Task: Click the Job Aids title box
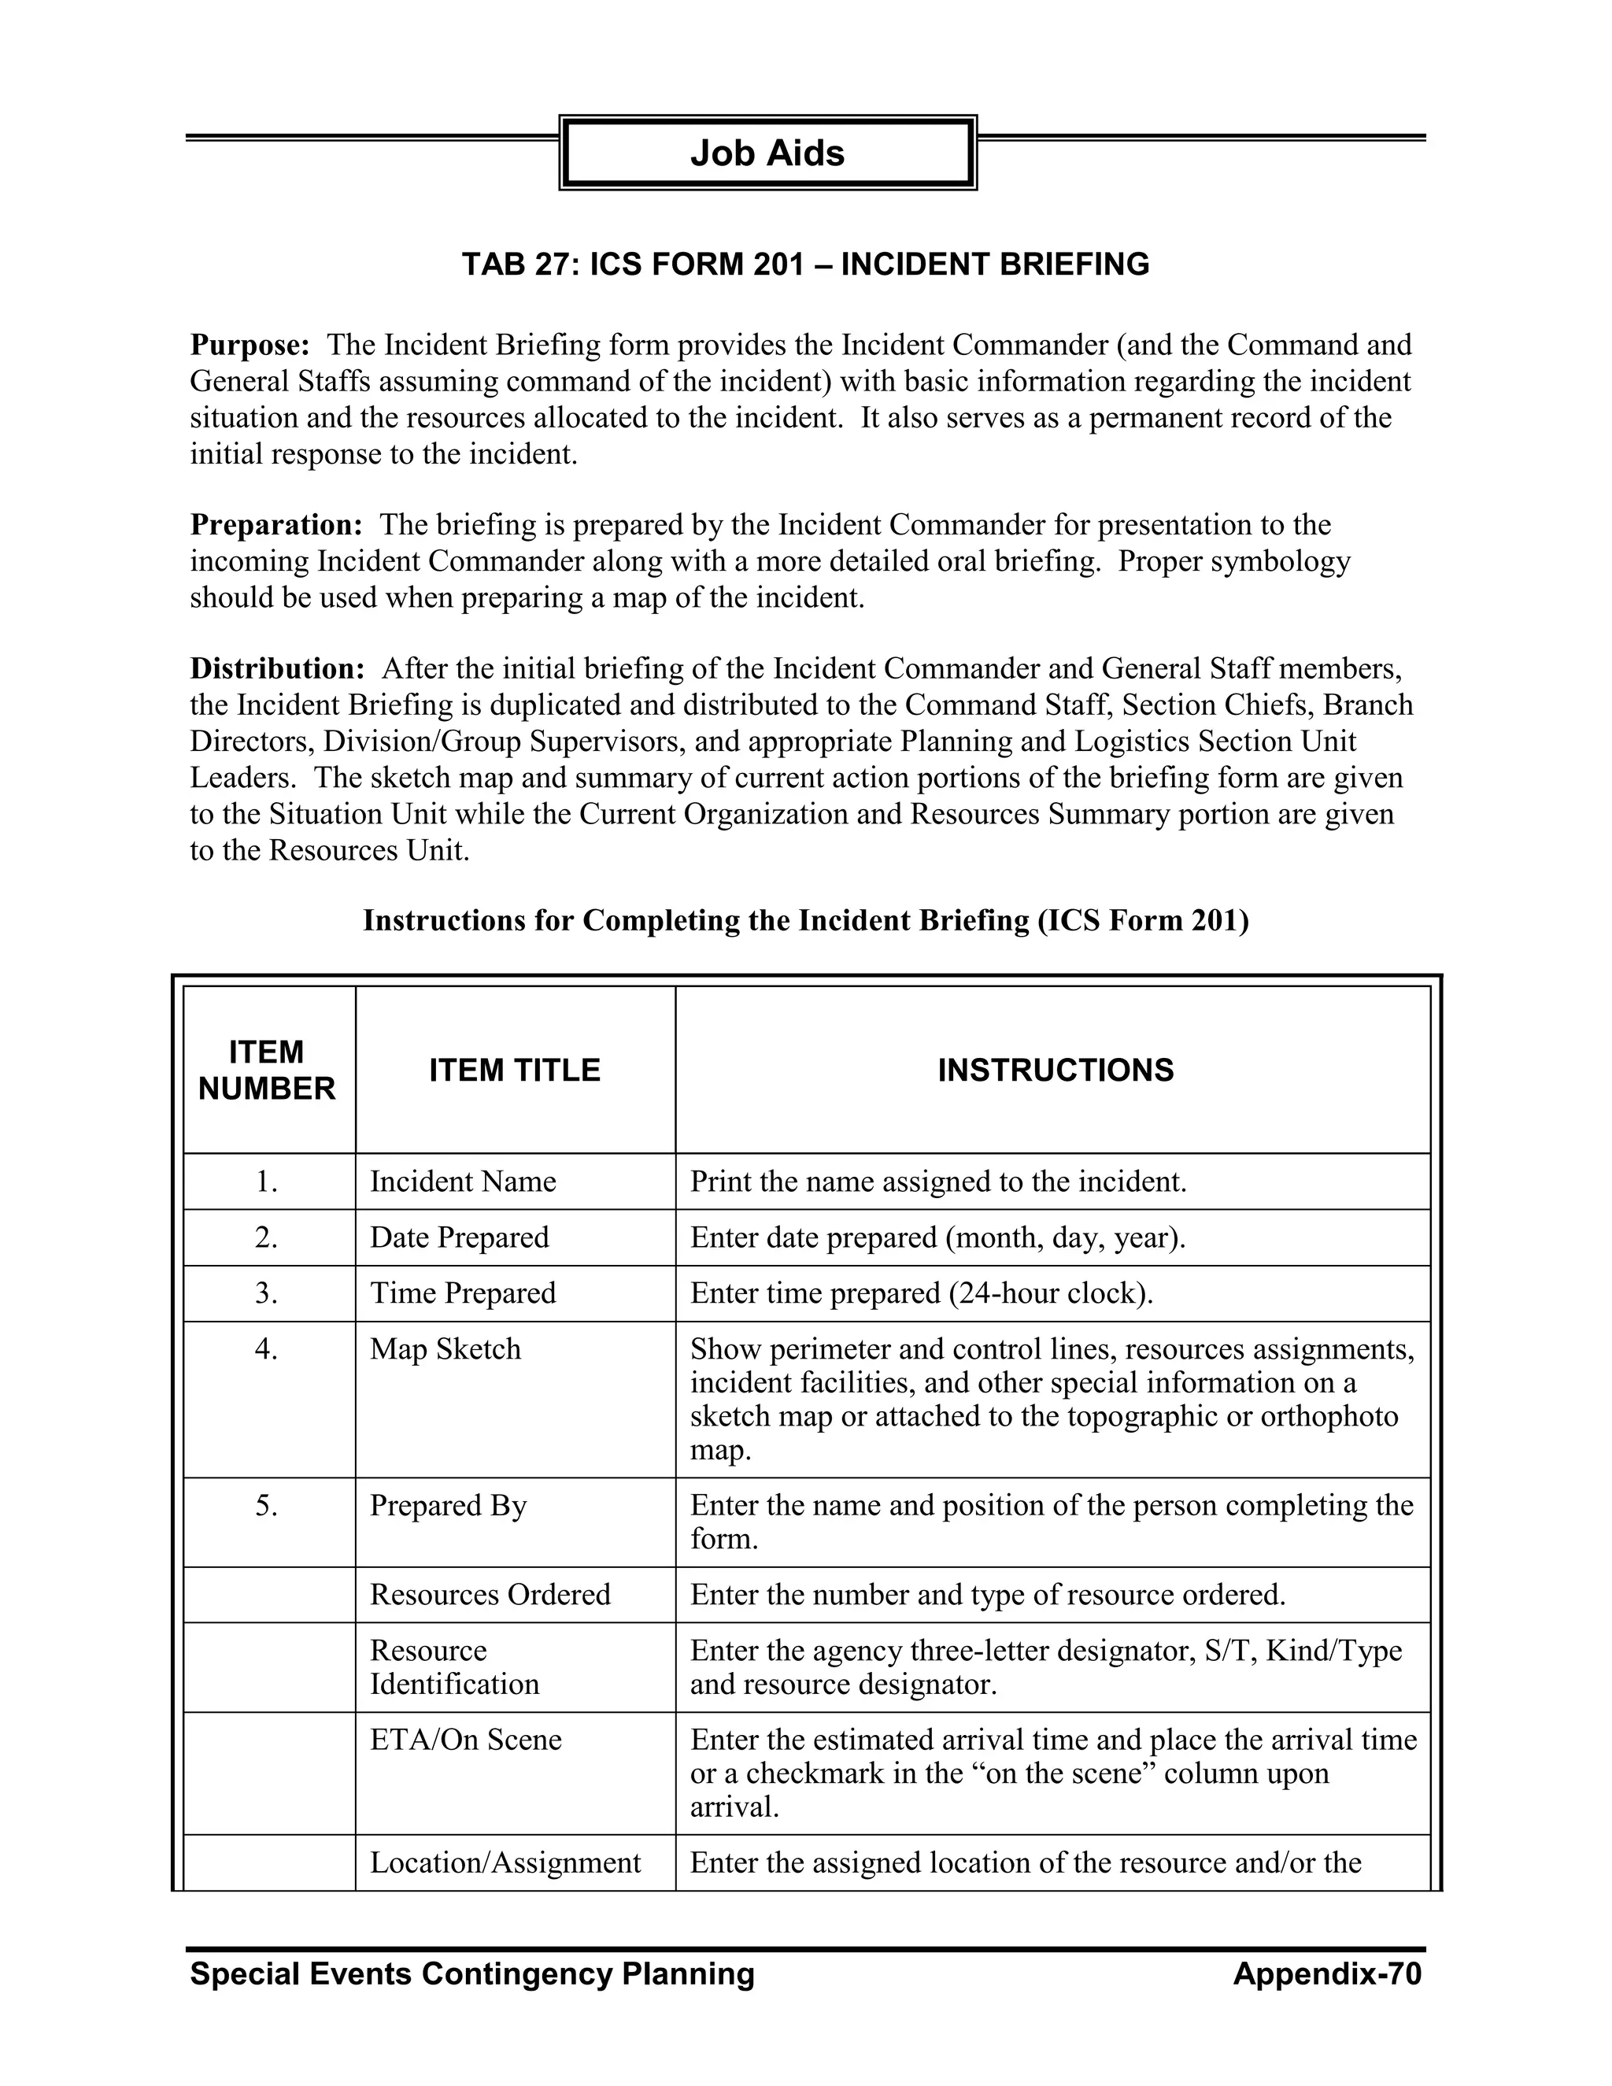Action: pos(767,153)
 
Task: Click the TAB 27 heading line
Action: pos(805,264)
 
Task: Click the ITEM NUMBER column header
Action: pos(268,1070)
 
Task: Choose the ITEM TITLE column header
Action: pos(514,1070)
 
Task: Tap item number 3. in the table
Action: pos(267,1293)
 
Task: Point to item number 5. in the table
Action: pos(267,1506)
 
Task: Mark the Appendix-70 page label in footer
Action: pos(1326,1974)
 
